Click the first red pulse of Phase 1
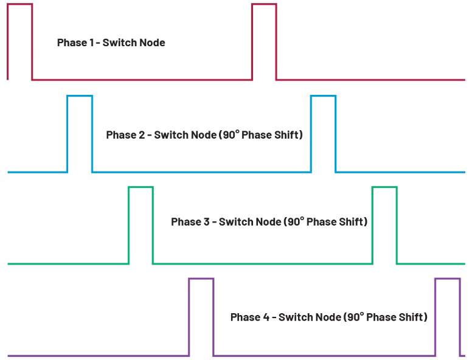[20, 4]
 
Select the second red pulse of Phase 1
[265, 4]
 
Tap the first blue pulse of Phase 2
[80, 96]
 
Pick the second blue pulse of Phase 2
[324, 96]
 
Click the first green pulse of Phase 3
[141, 187]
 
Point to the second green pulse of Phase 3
[384, 187]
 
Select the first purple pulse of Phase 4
[201, 279]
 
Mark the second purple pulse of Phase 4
[448, 279]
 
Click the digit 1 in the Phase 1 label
[91, 43]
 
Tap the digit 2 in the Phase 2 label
[142, 135]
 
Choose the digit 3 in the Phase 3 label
[207, 222]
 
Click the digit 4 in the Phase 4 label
[266, 317]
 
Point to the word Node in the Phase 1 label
[153, 43]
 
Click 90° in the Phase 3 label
[296, 221]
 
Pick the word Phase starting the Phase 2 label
[121, 135]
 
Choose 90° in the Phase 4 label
[356, 317]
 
